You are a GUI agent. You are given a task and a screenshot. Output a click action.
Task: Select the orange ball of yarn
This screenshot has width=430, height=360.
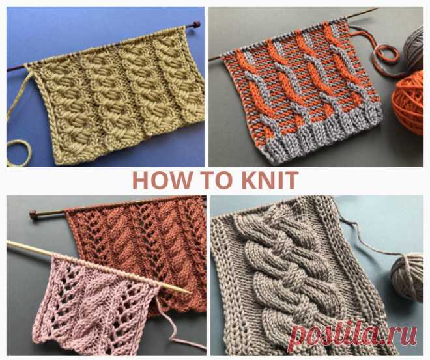point(408,102)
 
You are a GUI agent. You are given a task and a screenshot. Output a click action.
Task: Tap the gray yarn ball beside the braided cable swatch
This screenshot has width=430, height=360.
point(407,276)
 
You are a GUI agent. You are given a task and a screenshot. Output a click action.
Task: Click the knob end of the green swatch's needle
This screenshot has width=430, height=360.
point(196,25)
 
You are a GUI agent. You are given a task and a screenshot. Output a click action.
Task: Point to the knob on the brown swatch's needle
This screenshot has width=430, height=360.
point(33,214)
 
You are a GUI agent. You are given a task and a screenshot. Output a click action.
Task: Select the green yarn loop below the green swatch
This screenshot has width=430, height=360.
point(18,153)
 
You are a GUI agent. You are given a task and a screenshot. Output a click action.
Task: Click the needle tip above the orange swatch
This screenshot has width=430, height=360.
point(376,10)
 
